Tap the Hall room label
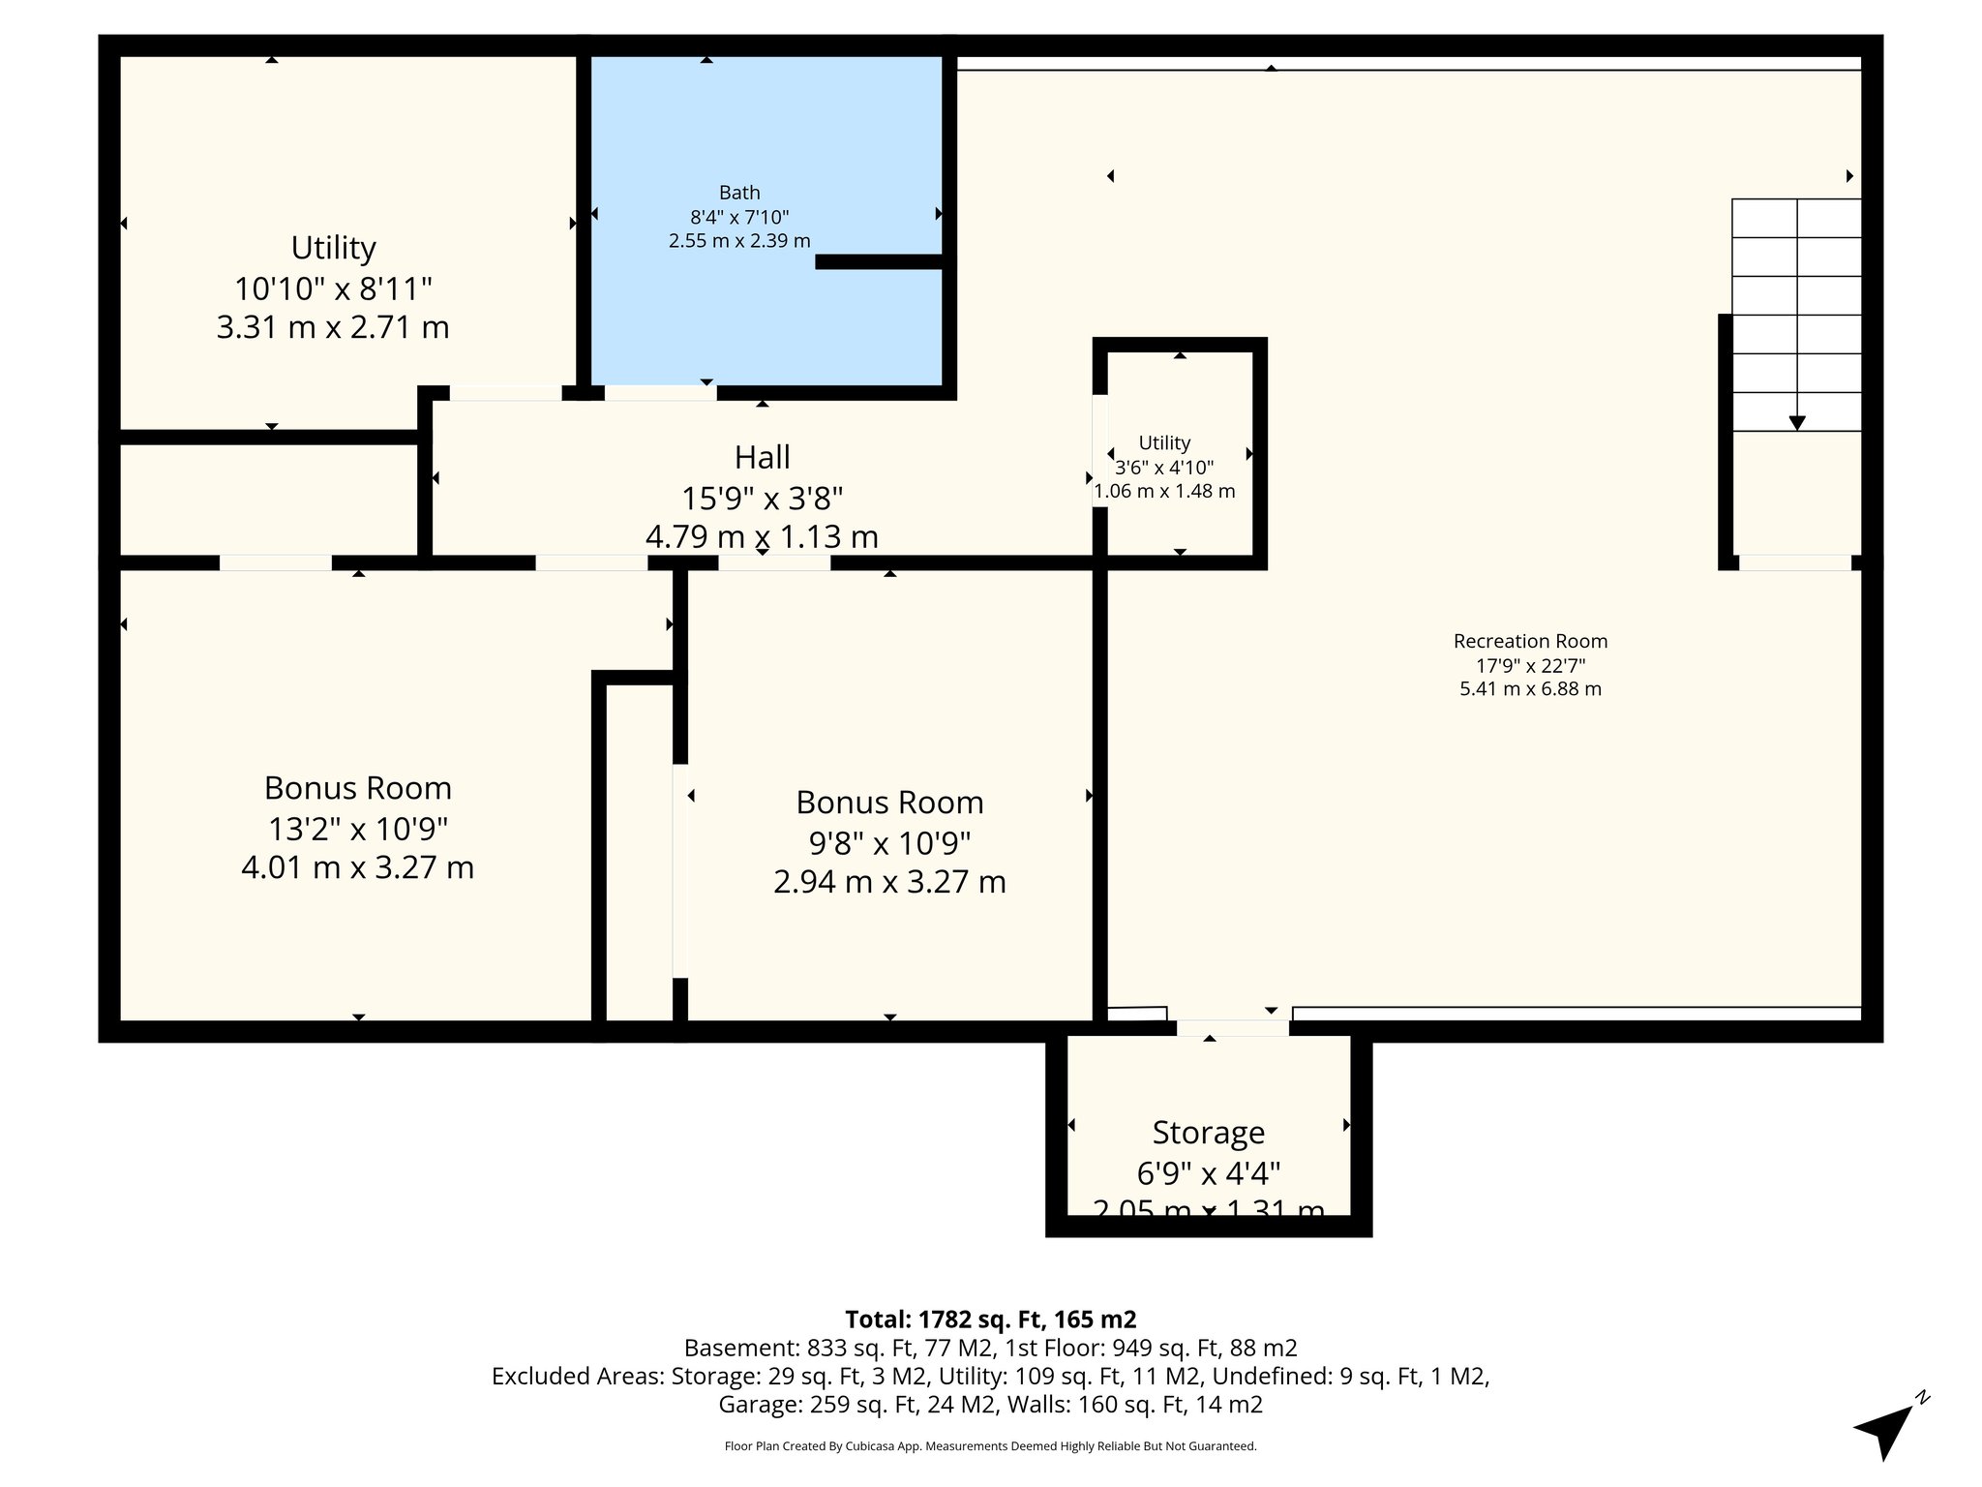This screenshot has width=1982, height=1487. (762, 457)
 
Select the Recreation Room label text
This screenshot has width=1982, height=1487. (1530, 641)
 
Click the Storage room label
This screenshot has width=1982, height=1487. (1208, 1132)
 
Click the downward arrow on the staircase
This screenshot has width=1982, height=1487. (1797, 422)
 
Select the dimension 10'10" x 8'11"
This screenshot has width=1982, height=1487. (333, 288)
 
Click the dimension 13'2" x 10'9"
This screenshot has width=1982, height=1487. (357, 829)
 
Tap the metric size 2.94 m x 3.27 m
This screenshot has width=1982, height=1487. (889, 882)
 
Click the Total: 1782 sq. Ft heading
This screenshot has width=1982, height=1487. (990, 1320)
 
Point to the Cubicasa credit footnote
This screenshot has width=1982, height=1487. (990, 1446)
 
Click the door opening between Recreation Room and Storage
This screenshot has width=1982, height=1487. (1232, 1028)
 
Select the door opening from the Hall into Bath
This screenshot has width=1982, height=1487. (660, 392)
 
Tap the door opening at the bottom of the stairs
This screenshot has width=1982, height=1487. (1794, 562)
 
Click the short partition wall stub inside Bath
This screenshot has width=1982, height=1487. (879, 261)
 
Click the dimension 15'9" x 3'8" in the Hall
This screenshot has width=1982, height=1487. (762, 499)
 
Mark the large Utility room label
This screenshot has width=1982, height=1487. (333, 248)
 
